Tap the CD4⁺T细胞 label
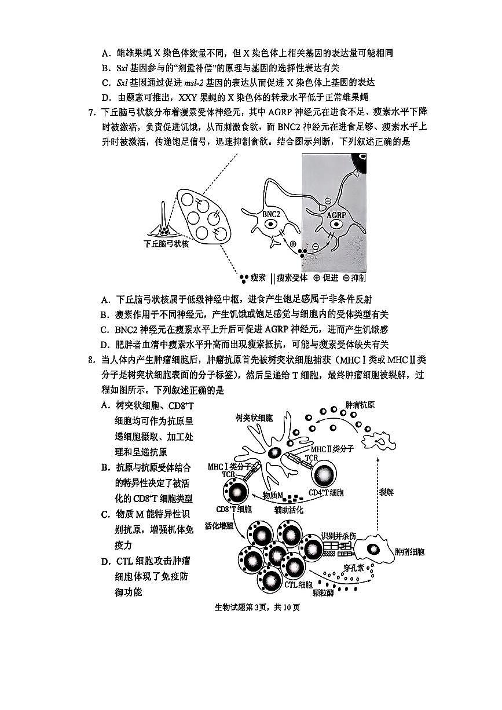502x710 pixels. (x=325, y=493)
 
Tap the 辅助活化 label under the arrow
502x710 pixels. (x=288, y=509)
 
